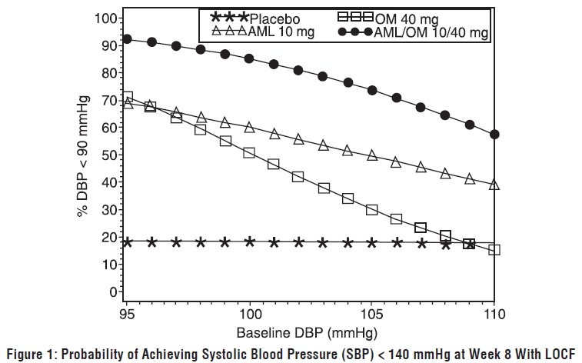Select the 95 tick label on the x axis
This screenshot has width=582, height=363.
[128, 315]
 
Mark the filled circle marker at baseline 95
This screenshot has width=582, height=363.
[128, 39]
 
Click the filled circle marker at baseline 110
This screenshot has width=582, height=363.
[494, 134]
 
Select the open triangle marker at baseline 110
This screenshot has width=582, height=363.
[494, 185]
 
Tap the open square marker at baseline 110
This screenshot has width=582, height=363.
[494, 249]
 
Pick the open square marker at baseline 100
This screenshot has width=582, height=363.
[249, 153]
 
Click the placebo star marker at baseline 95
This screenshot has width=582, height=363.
[128, 241]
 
